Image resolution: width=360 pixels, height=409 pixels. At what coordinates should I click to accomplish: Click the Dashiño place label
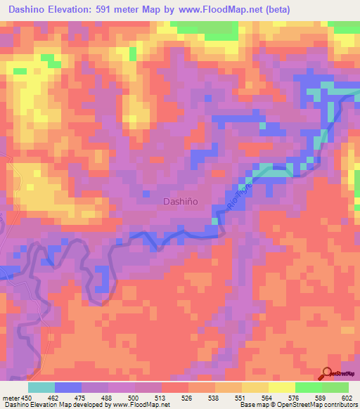pos(180,201)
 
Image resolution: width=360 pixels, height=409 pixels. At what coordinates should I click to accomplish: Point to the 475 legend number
pos(81,397)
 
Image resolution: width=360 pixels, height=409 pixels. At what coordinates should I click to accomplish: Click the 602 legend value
pos(349,397)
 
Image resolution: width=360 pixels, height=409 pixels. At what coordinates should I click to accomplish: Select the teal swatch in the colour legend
pos(41,387)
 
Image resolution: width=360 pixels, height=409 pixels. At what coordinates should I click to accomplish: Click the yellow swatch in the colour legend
pos(282,387)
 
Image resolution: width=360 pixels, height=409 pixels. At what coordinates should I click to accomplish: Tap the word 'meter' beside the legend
pos(10,397)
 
